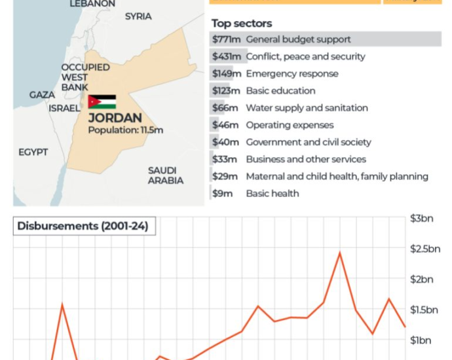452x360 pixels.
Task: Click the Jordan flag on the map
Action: (102, 102)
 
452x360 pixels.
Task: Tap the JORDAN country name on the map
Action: (115, 118)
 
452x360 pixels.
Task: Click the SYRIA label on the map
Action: (138, 16)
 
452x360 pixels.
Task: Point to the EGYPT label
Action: (33, 153)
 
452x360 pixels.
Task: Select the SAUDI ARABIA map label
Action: (165, 175)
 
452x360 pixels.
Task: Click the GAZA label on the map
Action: (42, 95)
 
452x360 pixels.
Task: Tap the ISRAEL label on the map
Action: (64, 109)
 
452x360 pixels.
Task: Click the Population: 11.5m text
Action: (126, 130)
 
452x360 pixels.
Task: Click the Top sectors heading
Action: (241, 24)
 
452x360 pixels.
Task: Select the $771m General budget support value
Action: (226, 39)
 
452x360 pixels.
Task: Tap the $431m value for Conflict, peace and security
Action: (226, 56)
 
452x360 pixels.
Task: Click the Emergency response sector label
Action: (292, 73)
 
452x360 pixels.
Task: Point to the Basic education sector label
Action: (280, 90)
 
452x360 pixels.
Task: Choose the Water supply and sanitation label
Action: (307, 108)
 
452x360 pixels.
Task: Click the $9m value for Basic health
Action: (223, 193)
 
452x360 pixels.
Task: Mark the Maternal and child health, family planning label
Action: (337, 176)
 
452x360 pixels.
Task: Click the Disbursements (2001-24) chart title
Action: (83, 226)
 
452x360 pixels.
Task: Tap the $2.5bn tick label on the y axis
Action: (424, 249)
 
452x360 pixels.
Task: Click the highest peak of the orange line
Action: (339, 253)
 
